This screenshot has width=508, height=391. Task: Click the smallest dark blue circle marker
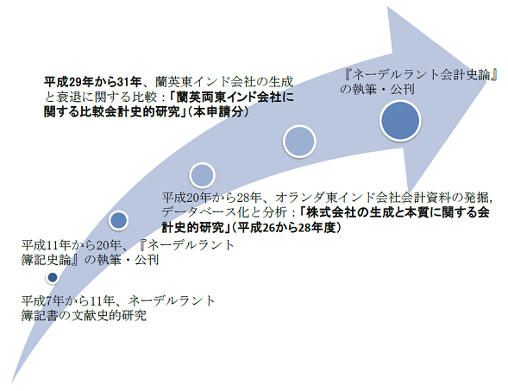click(x=53, y=278)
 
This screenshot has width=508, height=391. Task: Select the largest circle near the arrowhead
click(x=400, y=121)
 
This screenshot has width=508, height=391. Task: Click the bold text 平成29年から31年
click(x=92, y=82)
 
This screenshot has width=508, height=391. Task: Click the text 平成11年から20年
click(x=72, y=245)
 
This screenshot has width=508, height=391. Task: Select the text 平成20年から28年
click(x=212, y=198)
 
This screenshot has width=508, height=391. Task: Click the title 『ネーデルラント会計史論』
click(x=420, y=74)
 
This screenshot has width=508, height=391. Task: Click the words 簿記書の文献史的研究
click(x=84, y=315)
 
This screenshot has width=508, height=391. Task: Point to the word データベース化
click(x=205, y=212)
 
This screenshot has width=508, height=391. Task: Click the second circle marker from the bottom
click(x=119, y=220)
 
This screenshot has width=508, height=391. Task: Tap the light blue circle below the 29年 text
click(x=202, y=175)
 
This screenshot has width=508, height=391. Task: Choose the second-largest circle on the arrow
click(x=299, y=142)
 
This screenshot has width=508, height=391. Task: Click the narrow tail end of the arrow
click(x=12, y=382)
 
